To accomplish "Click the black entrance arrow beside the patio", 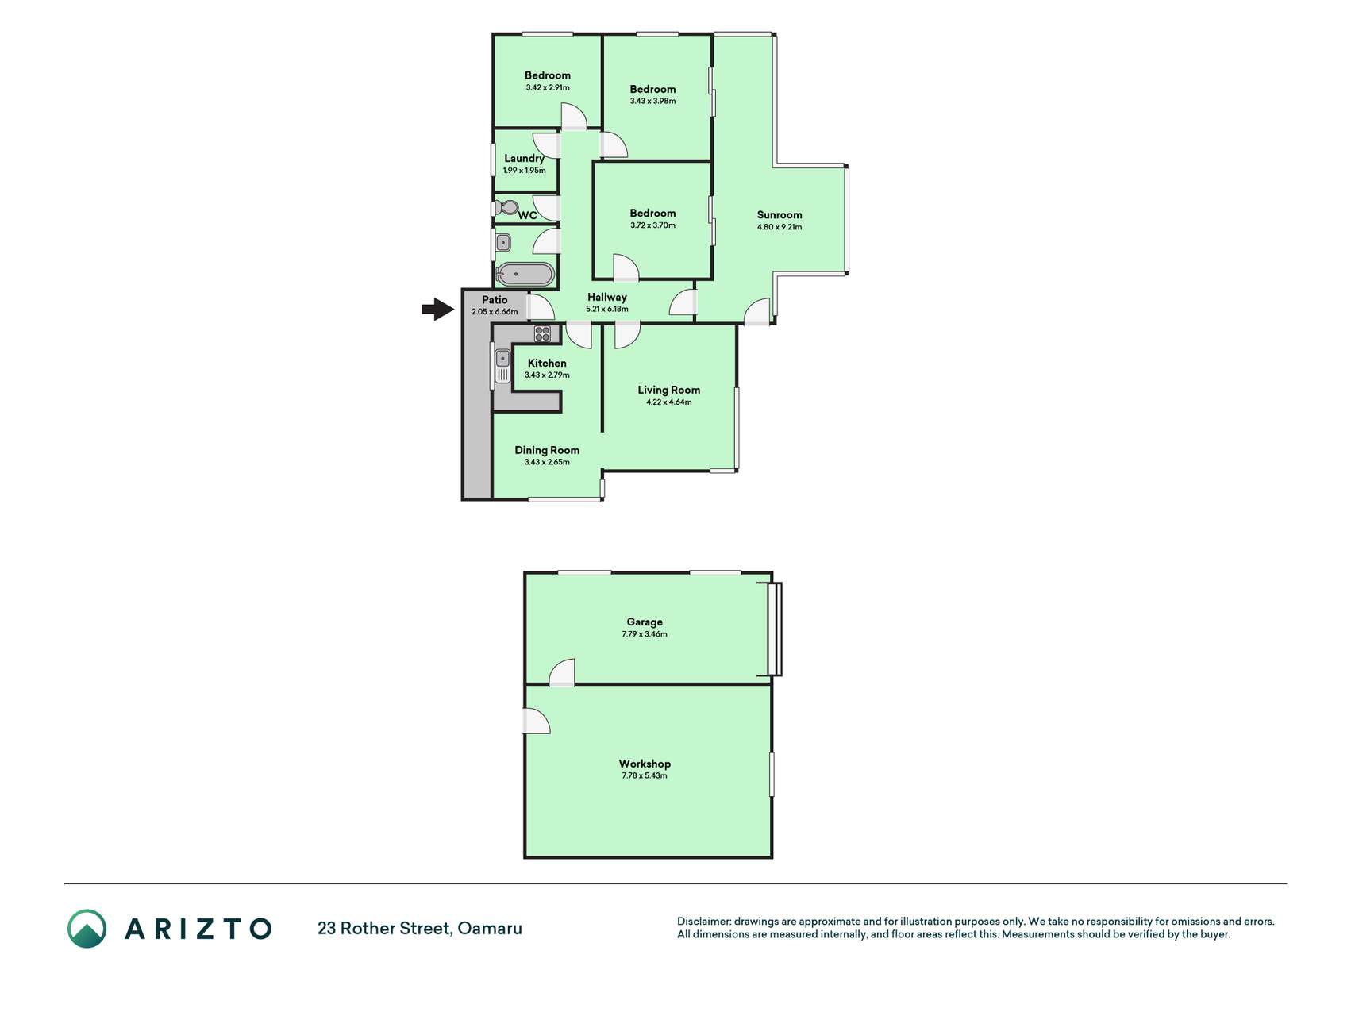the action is [438, 309].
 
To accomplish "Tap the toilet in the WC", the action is [506, 208].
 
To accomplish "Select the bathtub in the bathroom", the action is [525, 275].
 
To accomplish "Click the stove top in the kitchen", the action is [542, 333].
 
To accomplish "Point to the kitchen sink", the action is [503, 366].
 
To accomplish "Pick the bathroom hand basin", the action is [503, 242].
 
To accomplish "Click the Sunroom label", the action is [780, 215].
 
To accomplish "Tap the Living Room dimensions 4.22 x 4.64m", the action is [669, 402].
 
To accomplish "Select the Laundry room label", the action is [524, 158].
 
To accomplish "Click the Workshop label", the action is [645, 764].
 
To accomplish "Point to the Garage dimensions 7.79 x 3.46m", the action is [645, 634].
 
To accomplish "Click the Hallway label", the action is [607, 297].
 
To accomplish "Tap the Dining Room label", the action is [547, 450].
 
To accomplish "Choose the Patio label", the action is [495, 300].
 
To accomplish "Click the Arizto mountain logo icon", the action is [87, 929].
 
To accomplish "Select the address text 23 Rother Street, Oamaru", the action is [420, 928].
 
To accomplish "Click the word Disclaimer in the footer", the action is [703, 922].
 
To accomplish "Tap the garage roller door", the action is [775, 629].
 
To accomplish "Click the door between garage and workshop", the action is [562, 673].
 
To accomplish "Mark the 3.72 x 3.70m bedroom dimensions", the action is [652, 225].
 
